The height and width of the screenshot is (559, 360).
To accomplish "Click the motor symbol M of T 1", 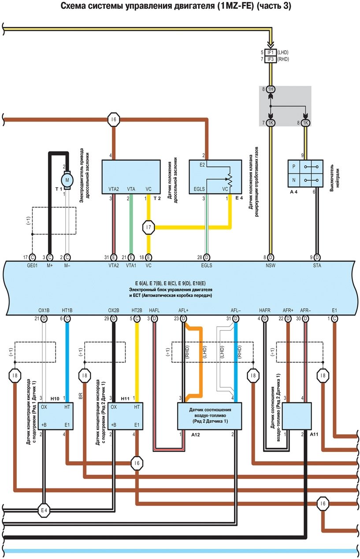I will [67, 179].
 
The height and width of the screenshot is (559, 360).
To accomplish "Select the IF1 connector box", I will [270, 52].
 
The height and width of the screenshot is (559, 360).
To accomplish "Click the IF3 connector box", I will [270, 59].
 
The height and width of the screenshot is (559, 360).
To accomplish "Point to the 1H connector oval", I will [270, 89].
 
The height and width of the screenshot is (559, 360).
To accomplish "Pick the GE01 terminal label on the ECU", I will [32, 266].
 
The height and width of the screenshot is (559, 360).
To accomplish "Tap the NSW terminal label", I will [270, 266].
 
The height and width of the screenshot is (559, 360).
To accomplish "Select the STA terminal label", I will [316, 266].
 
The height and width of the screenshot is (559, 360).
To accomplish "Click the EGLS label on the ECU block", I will [206, 266].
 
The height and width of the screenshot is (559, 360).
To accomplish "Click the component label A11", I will [314, 434].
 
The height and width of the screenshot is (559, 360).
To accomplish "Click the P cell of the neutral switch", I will [293, 167].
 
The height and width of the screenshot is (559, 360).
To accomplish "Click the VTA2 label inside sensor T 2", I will [114, 189].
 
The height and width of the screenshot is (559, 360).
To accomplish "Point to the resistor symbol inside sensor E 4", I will [229, 179].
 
